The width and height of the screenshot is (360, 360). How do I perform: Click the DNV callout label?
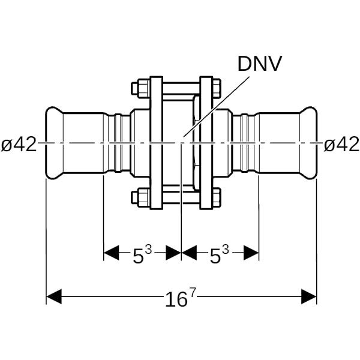[x=260, y=64]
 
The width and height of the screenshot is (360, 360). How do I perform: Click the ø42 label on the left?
[x=19, y=144]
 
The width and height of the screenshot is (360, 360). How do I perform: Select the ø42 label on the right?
[x=341, y=144]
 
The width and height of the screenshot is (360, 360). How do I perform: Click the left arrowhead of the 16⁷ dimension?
[x=54, y=296]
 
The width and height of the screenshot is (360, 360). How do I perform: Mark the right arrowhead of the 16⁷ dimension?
[x=309, y=296]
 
